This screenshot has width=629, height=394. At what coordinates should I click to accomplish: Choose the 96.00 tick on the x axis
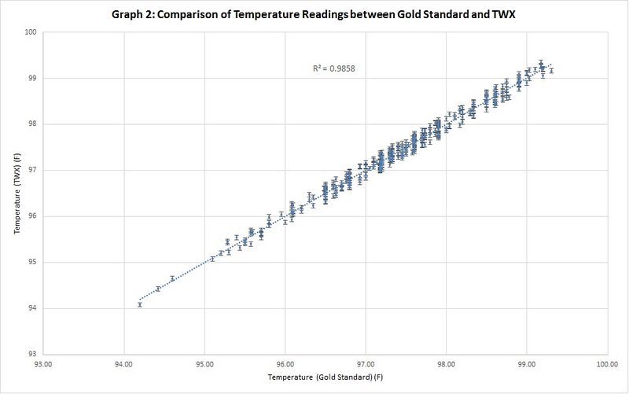pos(285,364)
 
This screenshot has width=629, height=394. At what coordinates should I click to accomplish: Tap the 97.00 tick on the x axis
pos(366,364)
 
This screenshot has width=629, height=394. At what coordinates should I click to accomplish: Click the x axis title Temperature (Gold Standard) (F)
pos(325,379)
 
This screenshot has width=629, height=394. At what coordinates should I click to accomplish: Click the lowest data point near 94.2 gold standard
pos(140,304)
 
